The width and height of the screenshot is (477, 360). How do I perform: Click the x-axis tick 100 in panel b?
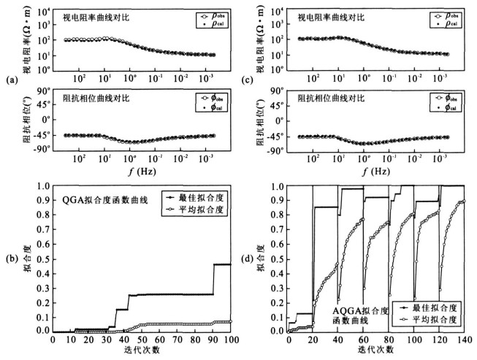[231, 339]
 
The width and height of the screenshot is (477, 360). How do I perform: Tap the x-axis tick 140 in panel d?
[465, 339]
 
